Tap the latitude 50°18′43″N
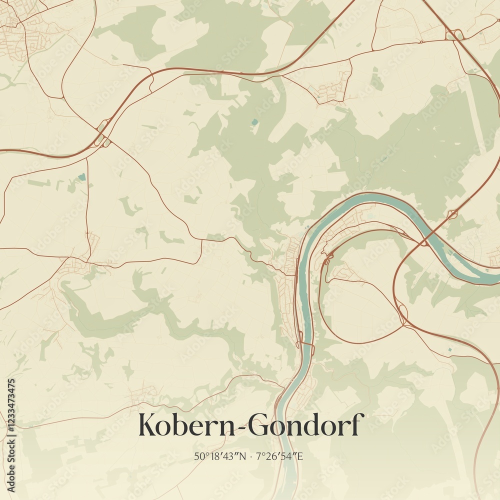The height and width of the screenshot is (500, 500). pos(218,456)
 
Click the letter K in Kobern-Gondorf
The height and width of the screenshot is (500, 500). pos(148,424)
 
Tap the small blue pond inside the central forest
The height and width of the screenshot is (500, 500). pos(255,121)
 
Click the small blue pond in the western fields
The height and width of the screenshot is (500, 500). pos(81,176)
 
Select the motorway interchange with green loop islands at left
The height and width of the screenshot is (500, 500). pos(102,133)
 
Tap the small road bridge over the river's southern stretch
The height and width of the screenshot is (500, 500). pos(304,345)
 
